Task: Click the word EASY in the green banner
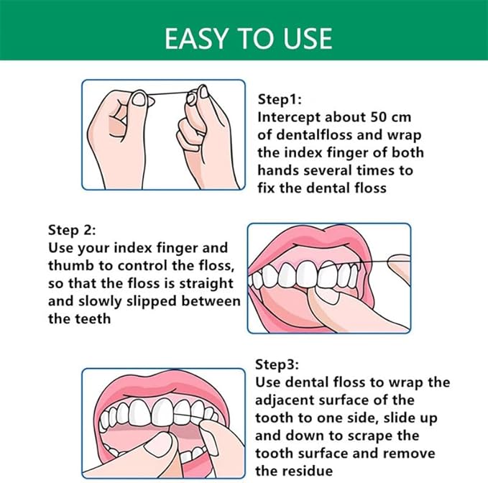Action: [x=196, y=39]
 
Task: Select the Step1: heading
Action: [x=280, y=100]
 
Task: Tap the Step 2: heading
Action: [x=72, y=231]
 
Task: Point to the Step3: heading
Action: [x=277, y=364]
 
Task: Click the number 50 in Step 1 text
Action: [x=379, y=117]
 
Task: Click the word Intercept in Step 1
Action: [x=289, y=118]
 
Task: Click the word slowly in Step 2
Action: [x=100, y=302]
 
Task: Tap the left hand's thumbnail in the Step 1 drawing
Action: [x=139, y=99]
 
